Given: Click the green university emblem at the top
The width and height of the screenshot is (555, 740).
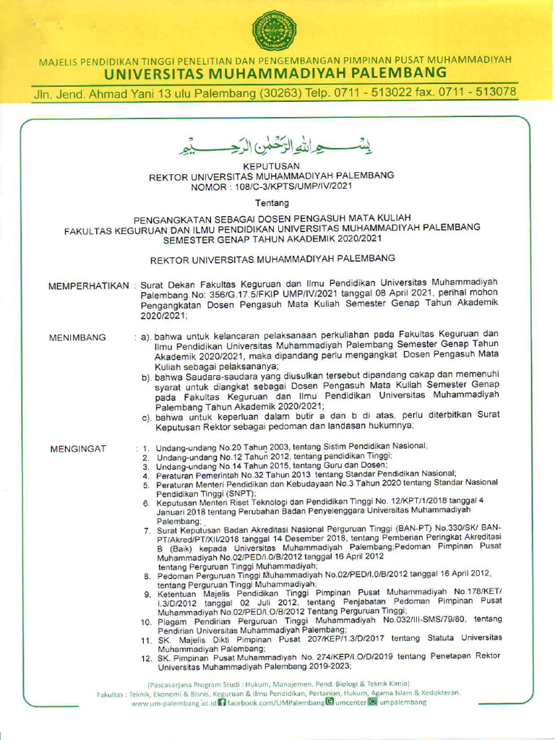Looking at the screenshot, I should (274, 30).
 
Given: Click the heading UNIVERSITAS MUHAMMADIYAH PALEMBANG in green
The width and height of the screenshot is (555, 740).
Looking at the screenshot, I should (275, 74).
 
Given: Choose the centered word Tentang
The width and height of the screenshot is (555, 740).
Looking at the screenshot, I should (271, 204).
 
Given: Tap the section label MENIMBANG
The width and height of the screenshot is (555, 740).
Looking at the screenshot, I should (77, 337).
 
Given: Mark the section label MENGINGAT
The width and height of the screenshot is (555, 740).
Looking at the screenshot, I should (78, 449).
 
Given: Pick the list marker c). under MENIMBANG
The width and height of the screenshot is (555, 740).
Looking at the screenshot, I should (146, 417).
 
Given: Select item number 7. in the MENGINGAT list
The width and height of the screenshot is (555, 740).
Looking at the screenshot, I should (147, 530).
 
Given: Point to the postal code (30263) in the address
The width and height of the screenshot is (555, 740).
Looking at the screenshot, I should (267, 92).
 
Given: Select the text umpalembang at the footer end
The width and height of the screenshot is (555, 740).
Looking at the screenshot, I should (403, 702).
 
